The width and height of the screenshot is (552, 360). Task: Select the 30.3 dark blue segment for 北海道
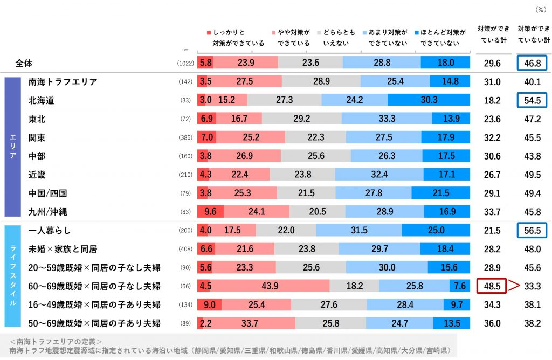429,100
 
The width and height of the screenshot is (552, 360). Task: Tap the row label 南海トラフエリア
63,82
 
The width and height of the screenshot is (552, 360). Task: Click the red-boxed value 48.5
492,286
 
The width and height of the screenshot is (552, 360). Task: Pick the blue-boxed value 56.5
532,230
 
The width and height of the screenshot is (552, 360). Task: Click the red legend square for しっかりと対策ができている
209,32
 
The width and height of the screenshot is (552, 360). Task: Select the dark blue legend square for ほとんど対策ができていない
423,32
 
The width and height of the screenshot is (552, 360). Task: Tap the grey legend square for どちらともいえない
319,32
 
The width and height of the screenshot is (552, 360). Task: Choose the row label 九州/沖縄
47,212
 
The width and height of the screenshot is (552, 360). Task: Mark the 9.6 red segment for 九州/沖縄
210,212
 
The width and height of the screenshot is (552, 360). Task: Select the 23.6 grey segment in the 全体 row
310,63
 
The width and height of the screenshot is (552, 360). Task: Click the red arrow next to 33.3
513,286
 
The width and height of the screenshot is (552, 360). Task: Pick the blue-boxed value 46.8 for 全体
532,64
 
